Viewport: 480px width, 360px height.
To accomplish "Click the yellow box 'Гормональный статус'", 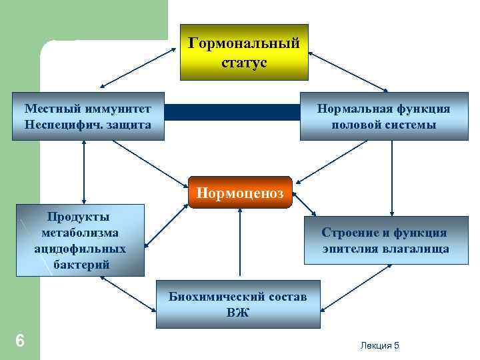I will (x=244, y=52).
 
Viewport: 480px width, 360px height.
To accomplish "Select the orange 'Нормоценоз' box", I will (x=240, y=193).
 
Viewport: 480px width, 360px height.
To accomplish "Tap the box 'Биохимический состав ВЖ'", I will (x=237, y=304).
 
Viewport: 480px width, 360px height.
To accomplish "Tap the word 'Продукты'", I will (x=79, y=217).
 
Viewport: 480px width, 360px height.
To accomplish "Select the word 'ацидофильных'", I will (x=80, y=249).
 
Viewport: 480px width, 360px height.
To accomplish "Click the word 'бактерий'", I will (x=80, y=265).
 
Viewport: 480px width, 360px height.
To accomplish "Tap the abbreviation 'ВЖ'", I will (x=237, y=312).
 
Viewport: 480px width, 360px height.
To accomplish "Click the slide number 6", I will (x=20, y=341).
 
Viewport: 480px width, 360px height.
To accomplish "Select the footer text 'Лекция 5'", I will (x=379, y=345).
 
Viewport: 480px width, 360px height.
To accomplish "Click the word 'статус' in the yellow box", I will (x=244, y=63).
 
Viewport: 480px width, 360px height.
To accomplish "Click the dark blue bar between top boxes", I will (x=231, y=112).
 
